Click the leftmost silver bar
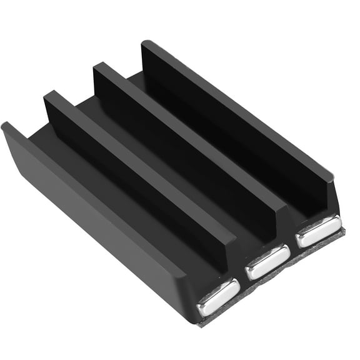pos(218,296)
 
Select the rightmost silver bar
pos(318,230)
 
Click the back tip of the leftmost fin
pos(6,127)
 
